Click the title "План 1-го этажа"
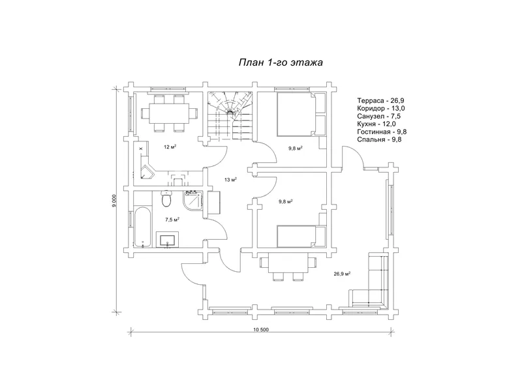pyautogui.click(x=281, y=63)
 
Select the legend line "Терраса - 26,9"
pyautogui.click(x=380, y=100)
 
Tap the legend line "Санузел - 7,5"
pyautogui.click(x=378, y=116)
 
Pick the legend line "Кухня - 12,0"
pyautogui.click(x=376, y=124)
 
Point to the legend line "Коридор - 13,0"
pyautogui.click(x=381, y=108)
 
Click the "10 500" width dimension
pyautogui.click(x=260, y=330)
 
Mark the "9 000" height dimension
pyautogui.click(x=114, y=201)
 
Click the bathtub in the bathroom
pyautogui.click(x=143, y=227)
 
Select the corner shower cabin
pyautogui.click(x=192, y=201)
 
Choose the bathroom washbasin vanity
pyautogui.click(x=167, y=239)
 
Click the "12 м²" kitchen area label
pyautogui.click(x=170, y=147)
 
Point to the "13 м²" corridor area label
pyautogui.click(x=230, y=180)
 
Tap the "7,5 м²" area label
pyautogui.click(x=172, y=220)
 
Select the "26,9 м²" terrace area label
pyautogui.click(x=343, y=274)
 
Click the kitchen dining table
pyautogui.click(x=169, y=113)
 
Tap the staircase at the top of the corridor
pyautogui.click(x=230, y=115)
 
